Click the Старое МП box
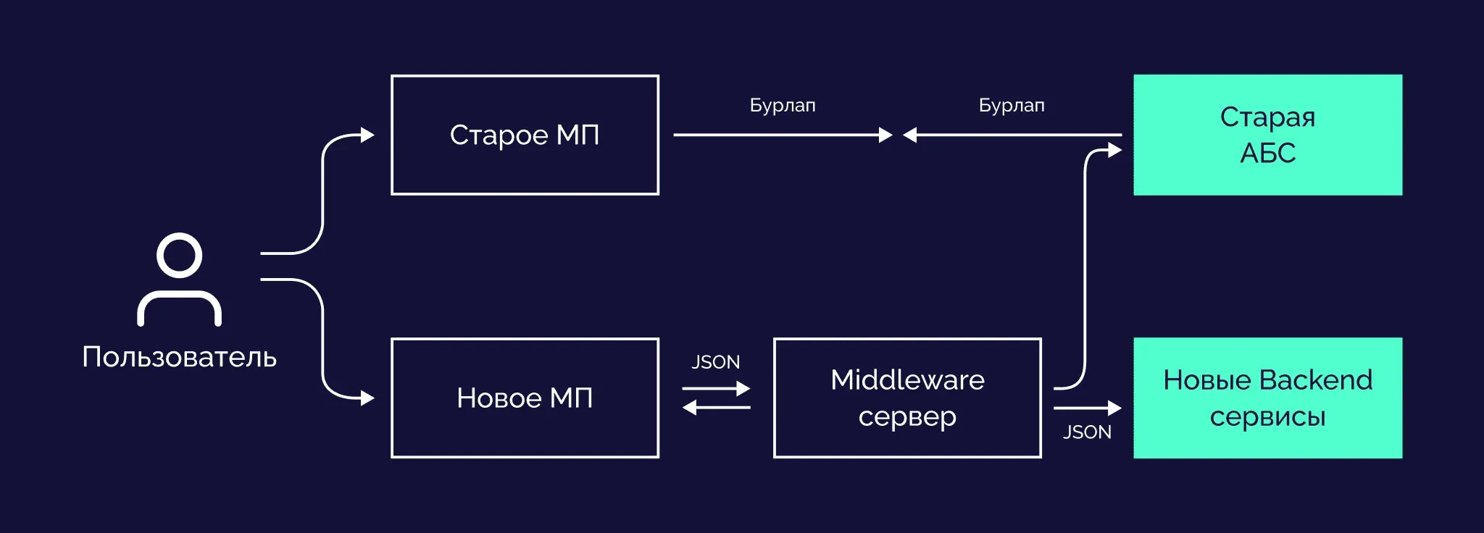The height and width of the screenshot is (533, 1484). pyautogui.click(x=525, y=135)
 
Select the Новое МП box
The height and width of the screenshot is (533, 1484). pyautogui.click(x=525, y=398)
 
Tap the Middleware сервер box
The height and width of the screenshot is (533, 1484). pyautogui.click(x=907, y=398)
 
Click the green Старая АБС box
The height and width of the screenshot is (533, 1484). pyautogui.click(x=1267, y=135)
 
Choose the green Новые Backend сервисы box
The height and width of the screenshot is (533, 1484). pyautogui.click(x=1267, y=398)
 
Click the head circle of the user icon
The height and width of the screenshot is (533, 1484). pyautogui.click(x=179, y=255)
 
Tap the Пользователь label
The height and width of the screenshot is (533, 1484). pyautogui.click(x=179, y=357)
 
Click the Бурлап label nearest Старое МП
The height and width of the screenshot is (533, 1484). pyautogui.click(x=783, y=106)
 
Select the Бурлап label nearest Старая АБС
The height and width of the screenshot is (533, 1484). pyautogui.click(x=1012, y=106)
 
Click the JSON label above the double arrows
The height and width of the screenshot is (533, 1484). pyautogui.click(x=715, y=362)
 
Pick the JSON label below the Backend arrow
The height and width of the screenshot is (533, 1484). pyautogui.click(x=1087, y=432)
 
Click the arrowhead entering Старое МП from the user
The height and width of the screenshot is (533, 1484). pyautogui.click(x=367, y=135)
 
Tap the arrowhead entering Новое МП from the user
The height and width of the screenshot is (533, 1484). pyautogui.click(x=367, y=398)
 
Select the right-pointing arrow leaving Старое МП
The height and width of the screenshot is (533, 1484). pyautogui.click(x=783, y=135)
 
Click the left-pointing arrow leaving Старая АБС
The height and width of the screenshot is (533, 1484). pyautogui.click(x=1012, y=135)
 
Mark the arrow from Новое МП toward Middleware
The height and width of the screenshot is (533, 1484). pyautogui.click(x=716, y=389)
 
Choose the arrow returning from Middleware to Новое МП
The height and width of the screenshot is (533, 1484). pyautogui.click(x=716, y=408)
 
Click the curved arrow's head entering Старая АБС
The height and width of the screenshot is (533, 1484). pyautogui.click(x=1114, y=151)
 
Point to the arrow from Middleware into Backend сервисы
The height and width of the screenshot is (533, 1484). pyautogui.click(x=1087, y=408)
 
